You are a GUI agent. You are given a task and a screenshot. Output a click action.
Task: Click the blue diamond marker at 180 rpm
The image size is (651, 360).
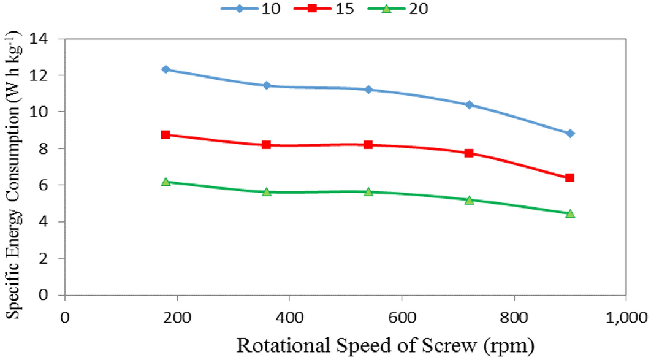coord(166,69)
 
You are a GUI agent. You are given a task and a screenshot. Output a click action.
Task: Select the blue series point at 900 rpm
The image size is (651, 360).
coord(570,133)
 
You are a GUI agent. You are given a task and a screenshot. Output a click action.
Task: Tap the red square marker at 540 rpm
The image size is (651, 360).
coord(368,145)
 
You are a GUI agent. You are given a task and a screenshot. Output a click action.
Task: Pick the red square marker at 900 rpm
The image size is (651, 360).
coord(570,178)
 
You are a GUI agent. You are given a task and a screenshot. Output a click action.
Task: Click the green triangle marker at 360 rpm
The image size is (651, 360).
coord(267,191)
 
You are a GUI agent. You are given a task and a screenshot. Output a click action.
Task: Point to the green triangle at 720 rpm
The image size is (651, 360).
coord(469,199)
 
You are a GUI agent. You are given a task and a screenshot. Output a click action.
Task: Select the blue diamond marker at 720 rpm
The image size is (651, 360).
coord(469,105)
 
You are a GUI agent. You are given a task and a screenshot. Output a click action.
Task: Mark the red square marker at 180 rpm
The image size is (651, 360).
coord(166,134)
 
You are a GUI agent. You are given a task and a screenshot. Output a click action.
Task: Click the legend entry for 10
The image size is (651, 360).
coord(251,9)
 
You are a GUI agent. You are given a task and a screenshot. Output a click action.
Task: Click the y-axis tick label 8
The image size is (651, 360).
coord(48,148)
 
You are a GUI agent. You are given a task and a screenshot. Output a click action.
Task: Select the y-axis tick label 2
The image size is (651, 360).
coord(48,258)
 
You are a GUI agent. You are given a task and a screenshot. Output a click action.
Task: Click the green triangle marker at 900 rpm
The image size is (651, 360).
coord(570,213)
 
